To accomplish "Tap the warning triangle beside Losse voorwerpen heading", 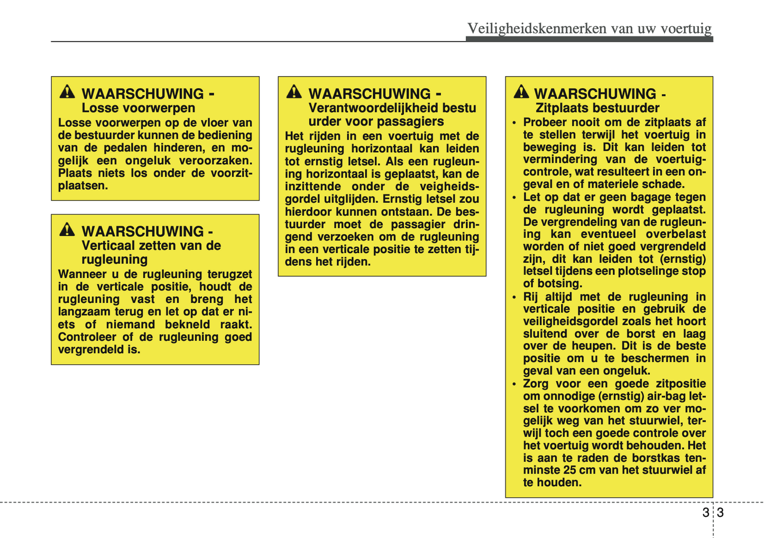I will coord(67,92).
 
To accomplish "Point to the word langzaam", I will coord(85,312).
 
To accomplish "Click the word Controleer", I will coord(87,337).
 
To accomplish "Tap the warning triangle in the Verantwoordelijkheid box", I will coord(294,92).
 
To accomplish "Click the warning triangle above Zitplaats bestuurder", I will coord(521,92).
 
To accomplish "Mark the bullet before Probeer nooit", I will coord(514,123).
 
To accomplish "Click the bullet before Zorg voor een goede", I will coord(514,384).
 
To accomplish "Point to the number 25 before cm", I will coord(570,470).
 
